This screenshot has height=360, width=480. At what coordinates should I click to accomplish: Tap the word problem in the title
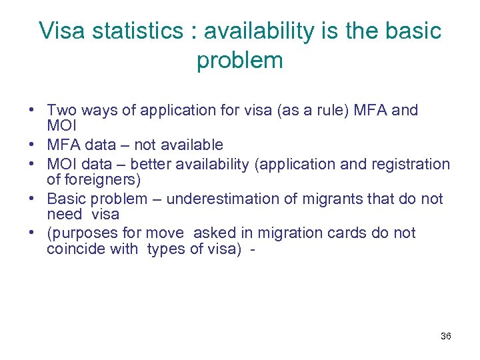click(239, 61)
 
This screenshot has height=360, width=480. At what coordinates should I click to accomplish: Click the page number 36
click(445, 336)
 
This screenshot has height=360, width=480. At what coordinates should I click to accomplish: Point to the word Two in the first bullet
click(62, 110)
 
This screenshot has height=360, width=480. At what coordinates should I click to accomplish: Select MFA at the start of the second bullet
click(62, 145)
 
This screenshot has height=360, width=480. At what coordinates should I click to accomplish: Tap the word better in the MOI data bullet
click(151, 164)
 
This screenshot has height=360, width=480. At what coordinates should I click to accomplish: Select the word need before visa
click(64, 214)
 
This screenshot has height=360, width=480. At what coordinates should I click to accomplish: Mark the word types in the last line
click(165, 249)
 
